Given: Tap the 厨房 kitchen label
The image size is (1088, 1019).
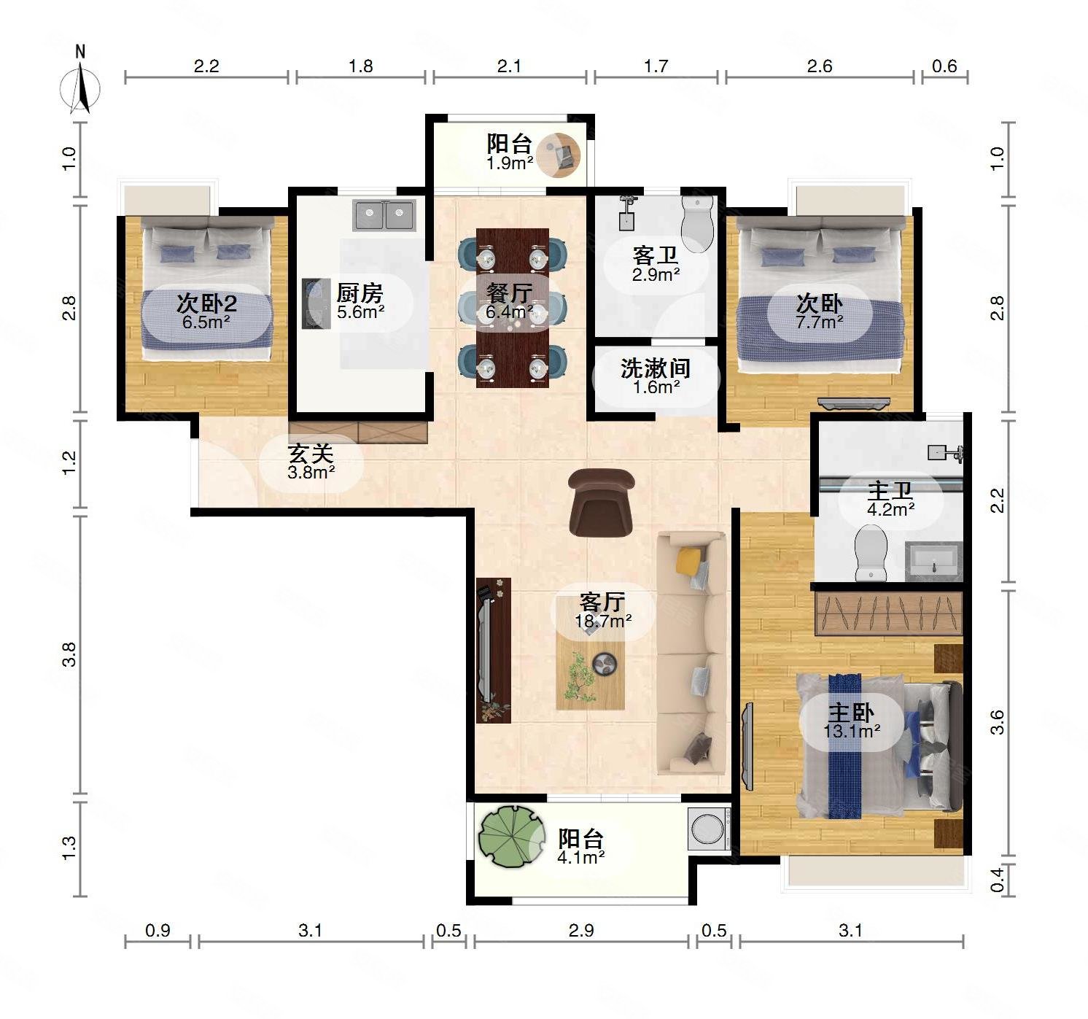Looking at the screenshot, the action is tap(360, 293).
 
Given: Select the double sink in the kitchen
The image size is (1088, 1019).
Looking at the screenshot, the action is tap(384, 215).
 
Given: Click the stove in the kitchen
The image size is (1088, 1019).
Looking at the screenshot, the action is tap(316, 303).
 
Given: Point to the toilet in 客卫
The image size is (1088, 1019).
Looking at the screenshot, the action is tap(697, 224).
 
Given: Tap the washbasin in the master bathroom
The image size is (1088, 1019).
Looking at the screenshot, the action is tap(933, 561).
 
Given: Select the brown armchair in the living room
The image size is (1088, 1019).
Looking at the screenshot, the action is tap(601, 502).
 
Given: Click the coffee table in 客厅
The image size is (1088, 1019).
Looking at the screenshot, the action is tap(590, 653).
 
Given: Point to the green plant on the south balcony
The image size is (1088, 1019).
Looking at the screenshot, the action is tap(512, 837).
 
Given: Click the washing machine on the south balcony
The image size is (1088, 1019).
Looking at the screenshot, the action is tap(709, 828).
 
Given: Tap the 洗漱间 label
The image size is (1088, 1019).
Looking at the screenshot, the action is tap(656, 368).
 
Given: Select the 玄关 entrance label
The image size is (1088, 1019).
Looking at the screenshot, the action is tap(311, 454).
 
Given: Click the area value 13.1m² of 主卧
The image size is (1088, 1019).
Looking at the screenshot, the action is tap(852, 731).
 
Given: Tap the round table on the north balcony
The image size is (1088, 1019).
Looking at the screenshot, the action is tap(559, 155).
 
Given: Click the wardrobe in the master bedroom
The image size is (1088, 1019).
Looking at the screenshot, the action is tap(889, 613).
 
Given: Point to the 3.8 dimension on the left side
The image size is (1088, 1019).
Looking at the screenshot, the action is tap(69, 654).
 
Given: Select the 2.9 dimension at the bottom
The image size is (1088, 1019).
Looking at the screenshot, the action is tap(581, 930).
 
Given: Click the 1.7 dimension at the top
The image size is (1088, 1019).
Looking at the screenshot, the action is tap(656, 66).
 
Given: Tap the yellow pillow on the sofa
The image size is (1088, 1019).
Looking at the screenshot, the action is tap(688, 559).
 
